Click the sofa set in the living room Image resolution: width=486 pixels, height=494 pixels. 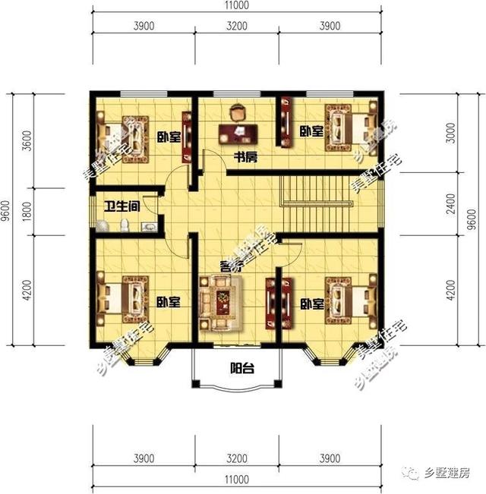[221, 303]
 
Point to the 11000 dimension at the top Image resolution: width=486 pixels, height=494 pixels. [238, 6]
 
